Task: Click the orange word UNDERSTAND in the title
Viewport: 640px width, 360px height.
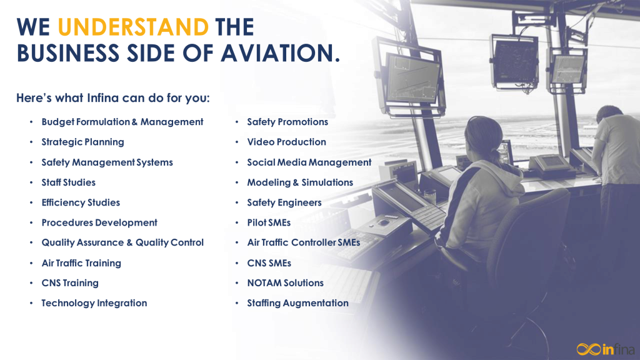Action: pos(134,27)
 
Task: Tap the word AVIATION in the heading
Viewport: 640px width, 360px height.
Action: pos(280,54)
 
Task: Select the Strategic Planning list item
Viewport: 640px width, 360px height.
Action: pos(83,142)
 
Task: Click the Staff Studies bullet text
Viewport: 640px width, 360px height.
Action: pos(69,182)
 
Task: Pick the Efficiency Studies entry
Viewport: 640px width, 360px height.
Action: pos(81,202)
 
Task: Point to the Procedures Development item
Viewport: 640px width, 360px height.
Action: pos(99,222)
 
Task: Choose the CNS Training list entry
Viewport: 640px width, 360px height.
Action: pos(70,283)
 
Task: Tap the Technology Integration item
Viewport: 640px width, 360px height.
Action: pos(94,303)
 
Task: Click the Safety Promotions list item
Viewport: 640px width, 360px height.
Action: pos(287,122)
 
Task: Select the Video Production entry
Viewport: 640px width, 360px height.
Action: pos(286,142)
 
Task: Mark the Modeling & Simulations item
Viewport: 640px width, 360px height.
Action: pos(300,182)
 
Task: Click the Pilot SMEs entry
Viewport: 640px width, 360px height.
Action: pos(269,222)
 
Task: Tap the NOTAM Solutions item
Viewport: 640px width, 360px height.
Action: pos(285,283)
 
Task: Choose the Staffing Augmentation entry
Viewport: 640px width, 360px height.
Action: pos(298,303)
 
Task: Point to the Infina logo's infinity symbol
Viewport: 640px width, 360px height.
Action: pos(589,349)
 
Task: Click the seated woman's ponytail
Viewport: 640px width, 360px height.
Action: pos(497,156)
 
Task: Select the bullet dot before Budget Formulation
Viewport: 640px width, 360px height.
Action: pos(31,122)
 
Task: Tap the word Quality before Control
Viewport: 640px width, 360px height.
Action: pos(151,243)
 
